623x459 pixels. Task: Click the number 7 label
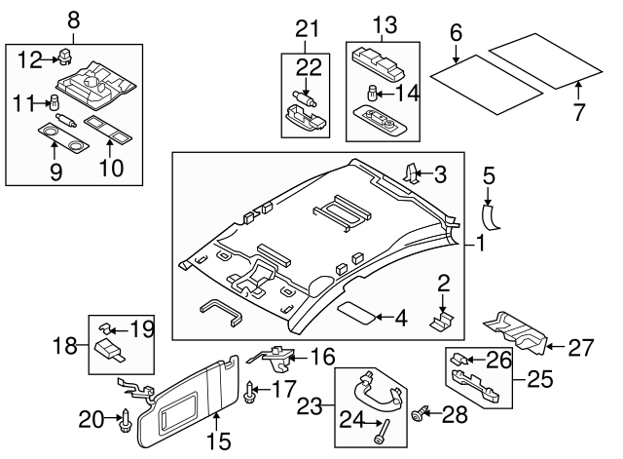[x=579, y=113]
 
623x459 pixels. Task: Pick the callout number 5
[x=490, y=175]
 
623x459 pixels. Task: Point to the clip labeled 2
[x=443, y=320]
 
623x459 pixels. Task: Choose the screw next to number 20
[x=125, y=421]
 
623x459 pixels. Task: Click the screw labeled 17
[x=253, y=393]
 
